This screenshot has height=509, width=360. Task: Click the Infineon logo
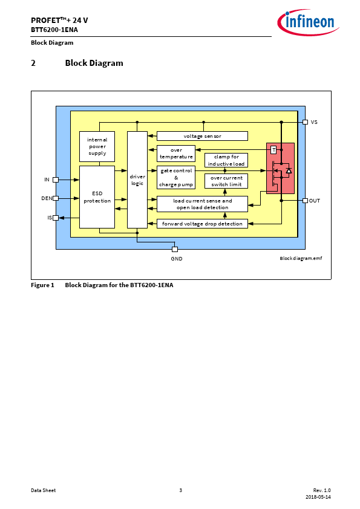308,22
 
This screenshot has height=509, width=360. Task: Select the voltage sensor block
202,136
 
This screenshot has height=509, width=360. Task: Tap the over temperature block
176,153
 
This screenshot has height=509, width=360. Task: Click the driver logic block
137,180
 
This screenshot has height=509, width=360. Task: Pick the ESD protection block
97,197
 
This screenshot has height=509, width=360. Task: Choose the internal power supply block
97,146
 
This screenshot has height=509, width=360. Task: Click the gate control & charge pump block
176,177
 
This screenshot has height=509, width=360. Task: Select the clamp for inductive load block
226,160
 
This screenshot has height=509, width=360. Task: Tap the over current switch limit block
226,181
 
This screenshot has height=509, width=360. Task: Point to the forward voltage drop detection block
202,224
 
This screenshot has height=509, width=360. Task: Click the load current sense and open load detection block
202,204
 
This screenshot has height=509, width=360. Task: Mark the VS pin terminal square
305,122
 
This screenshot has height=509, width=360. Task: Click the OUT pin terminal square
305,201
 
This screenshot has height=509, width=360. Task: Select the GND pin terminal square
175,249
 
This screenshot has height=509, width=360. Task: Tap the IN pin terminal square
56,180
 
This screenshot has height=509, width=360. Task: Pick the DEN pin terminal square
56,198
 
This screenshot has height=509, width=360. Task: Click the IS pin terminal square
56,218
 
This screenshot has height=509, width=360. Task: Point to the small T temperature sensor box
273,150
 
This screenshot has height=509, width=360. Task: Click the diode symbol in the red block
289,170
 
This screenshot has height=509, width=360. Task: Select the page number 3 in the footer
181,490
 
